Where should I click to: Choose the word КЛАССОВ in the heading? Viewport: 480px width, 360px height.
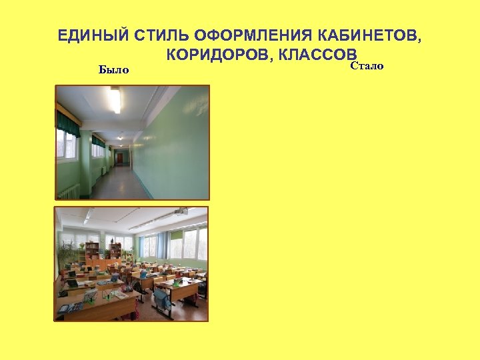point(316,55)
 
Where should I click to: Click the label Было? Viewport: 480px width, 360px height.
point(113,69)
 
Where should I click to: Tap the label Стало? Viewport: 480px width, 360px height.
point(366,67)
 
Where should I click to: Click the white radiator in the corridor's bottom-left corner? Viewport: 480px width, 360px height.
point(68,191)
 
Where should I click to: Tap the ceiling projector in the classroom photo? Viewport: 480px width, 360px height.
point(181,212)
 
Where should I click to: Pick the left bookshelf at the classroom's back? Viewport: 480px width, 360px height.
point(92,253)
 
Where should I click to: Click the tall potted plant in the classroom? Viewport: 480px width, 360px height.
point(67,253)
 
